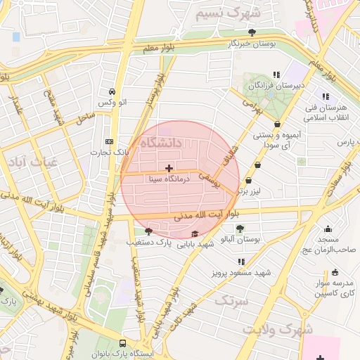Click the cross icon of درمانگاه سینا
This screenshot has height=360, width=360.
pos(169,168)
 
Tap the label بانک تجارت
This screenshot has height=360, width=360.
pos(111,152)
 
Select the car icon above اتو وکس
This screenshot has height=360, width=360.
pos(112,91)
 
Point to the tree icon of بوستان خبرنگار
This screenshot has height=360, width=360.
pos(252,32)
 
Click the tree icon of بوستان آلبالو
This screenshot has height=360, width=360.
pos(240,228)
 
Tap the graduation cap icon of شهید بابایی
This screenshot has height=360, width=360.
pos(195,234)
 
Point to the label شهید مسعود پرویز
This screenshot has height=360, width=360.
pos(243,272)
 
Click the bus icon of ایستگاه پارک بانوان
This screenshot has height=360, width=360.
pos(123,343)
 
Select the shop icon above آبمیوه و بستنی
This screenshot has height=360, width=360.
pos(278,124)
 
